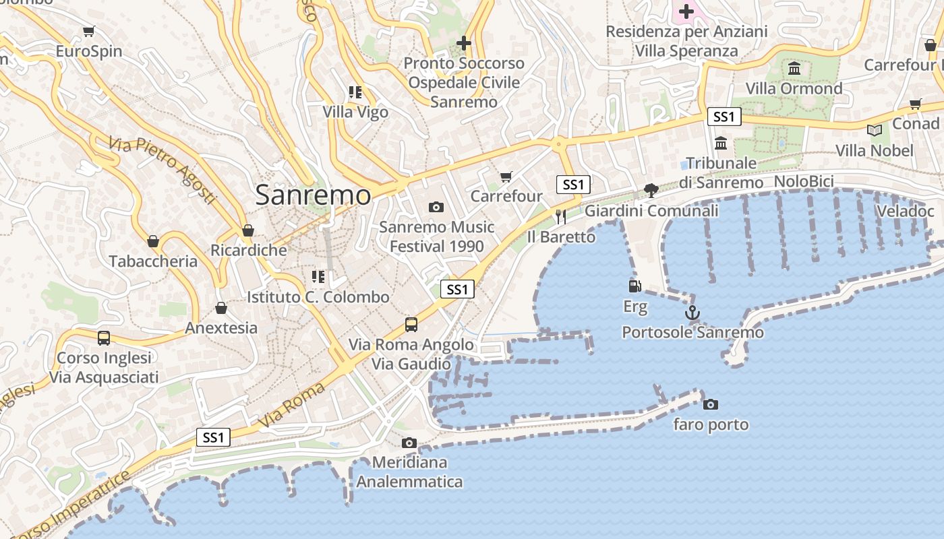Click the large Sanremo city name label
click(x=313, y=195)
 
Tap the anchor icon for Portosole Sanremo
click(x=692, y=313)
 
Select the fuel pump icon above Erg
click(x=635, y=286)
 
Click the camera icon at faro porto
click(x=710, y=404)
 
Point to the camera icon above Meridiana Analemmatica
click(x=409, y=443)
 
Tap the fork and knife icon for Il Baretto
click(x=560, y=216)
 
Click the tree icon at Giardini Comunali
click(x=651, y=191)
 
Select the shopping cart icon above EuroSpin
click(x=88, y=31)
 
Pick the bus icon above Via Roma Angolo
click(x=411, y=325)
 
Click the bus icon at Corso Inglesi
click(x=104, y=338)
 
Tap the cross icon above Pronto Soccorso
click(x=464, y=43)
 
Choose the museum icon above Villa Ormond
click(x=794, y=69)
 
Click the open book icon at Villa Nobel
click(x=875, y=130)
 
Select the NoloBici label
click(x=804, y=181)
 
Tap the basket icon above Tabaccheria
click(x=153, y=241)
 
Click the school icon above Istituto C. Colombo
click(x=318, y=276)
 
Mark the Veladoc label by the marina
click(x=905, y=212)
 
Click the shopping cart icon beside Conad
click(x=915, y=104)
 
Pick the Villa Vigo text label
click(x=355, y=112)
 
